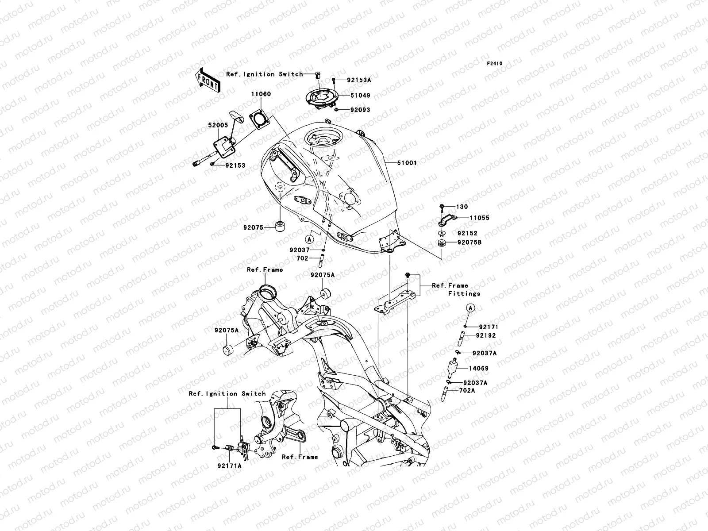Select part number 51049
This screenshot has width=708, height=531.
[360, 96]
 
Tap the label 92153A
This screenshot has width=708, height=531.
[359, 81]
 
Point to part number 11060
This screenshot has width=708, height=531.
[262, 94]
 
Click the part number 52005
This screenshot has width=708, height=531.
[218, 125]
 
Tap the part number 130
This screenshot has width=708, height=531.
[462, 207]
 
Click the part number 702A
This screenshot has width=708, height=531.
[467, 391]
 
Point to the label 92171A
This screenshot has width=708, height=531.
[229, 466]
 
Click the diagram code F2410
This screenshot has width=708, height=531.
[495, 64]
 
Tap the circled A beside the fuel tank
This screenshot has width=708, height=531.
[309, 239]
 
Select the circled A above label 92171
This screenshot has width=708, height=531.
[471, 308]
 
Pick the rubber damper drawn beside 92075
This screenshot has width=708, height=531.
[280, 227]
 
